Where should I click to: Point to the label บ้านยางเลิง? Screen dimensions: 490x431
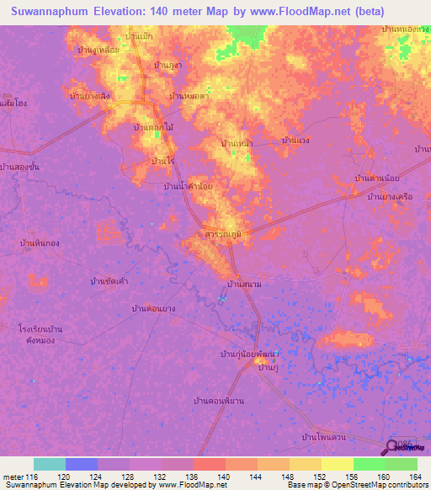pyautogui.click(x=89, y=95)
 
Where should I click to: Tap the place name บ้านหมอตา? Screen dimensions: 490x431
pyautogui.click(x=189, y=96)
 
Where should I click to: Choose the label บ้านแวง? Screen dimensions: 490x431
pyautogui.click(x=301, y=140)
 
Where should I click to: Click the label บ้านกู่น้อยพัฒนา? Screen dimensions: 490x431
pyautogui.click(x=249, y=354)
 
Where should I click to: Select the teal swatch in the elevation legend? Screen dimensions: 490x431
pyautogui.click(x=50, y=464)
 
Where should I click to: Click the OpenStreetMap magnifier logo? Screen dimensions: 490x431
pyautogui.click(x=394, y=447)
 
